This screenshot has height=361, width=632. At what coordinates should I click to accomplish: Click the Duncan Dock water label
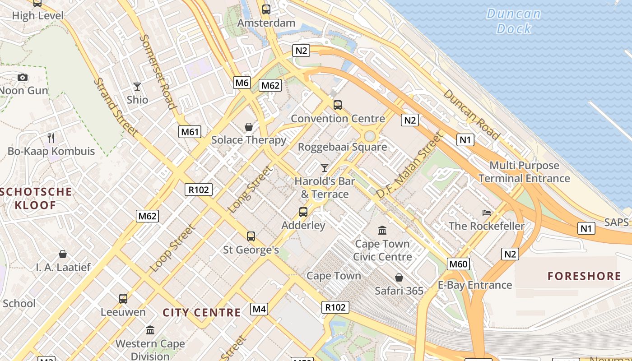[513, 21]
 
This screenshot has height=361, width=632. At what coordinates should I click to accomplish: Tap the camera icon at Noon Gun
[23, 78]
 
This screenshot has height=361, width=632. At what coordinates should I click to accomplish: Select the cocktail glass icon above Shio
[137, 86]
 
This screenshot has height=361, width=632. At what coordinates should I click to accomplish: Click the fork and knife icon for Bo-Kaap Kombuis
[51, 138]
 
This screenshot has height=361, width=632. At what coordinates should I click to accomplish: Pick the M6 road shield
[242, 83]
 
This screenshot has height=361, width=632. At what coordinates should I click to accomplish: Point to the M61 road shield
[189, 132]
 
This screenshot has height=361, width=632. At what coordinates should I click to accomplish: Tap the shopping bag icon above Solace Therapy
[248, 127]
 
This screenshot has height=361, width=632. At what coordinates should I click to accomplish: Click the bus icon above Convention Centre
[337, 105]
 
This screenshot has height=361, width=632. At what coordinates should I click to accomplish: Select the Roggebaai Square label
[342, 147]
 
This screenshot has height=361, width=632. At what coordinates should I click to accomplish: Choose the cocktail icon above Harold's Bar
[324, 168]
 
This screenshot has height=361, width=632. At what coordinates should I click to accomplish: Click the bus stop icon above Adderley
[303, 212]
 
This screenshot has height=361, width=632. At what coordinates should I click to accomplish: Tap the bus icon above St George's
[251, 236]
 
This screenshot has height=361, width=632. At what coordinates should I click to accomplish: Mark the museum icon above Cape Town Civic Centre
[382, 231]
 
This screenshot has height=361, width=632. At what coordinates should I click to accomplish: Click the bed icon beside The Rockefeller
[487, 213]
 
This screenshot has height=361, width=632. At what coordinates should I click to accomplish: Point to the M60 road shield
[458, 264]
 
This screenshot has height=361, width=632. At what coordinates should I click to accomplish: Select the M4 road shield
[259, 309]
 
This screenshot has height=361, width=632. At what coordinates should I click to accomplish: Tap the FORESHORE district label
[584, 276]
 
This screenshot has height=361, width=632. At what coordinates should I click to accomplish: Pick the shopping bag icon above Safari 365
[399, 277]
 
